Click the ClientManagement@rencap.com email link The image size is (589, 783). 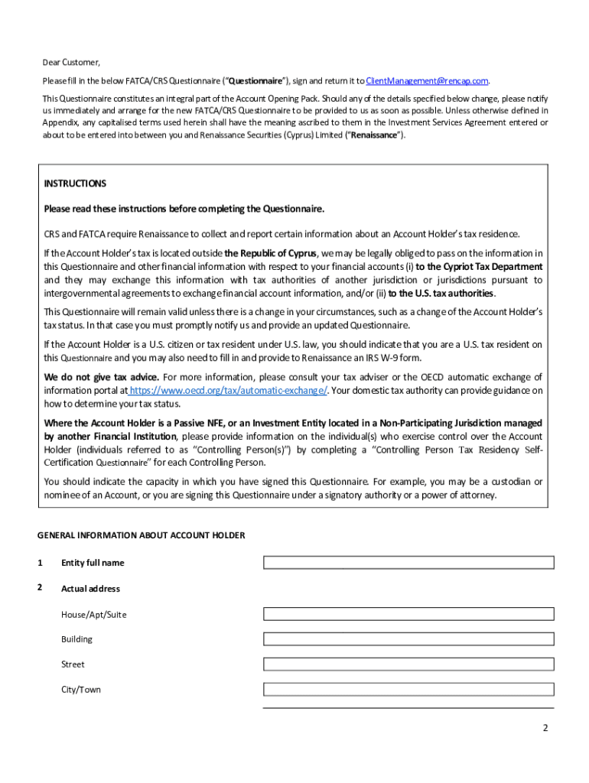coord(427,81)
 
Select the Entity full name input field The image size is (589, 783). coord(408,563)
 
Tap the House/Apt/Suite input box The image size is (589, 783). coord(408,614)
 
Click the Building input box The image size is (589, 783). coord(408,639)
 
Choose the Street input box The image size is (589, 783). coord(408,664)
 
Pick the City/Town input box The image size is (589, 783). coord(408,690)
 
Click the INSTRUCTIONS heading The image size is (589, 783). coord(75,184)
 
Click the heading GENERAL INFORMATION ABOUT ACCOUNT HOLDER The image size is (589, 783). coord(141,535)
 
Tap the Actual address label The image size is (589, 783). coord(90,589)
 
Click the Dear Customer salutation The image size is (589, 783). coord(71,63)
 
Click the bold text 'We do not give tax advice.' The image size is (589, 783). coord(102,377)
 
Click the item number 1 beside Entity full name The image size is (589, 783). coord(40,563)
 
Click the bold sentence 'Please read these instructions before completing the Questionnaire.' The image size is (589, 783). coord(184,209)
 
